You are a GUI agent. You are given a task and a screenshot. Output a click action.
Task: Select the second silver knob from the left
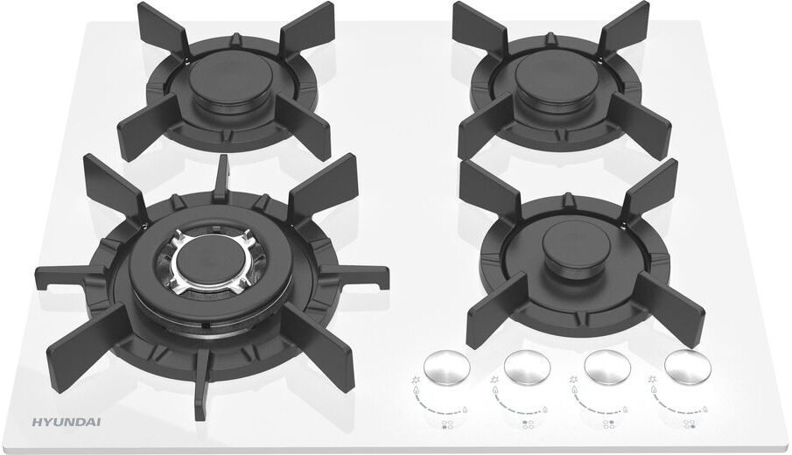tap(527, 366)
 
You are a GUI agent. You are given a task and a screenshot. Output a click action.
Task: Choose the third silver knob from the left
tap(606, 366)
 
